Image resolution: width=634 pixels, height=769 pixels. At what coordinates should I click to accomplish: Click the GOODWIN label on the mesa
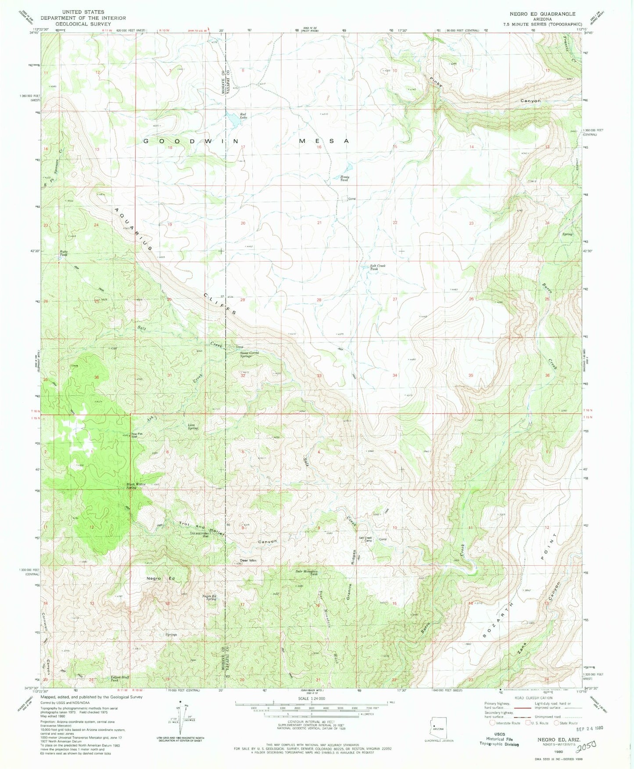(191, 141)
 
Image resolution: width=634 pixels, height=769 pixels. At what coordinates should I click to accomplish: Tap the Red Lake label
(243, 116)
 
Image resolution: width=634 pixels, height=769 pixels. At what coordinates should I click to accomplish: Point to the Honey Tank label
(345, 178)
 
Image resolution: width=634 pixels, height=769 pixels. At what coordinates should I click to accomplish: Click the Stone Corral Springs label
(249, 354)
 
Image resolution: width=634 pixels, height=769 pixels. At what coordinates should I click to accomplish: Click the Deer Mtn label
(248, 561)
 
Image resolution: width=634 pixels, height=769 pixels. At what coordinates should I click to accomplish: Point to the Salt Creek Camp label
(365, 539)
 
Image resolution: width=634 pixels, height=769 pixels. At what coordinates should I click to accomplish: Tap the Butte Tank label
(64, 253)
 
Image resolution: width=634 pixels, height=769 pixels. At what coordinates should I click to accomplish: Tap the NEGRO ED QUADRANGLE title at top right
(542, 14)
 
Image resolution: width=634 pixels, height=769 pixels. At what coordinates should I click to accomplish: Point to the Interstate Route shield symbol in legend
(493, 723)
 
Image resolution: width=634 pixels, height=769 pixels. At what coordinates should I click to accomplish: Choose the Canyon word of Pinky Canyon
(530, 101)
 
